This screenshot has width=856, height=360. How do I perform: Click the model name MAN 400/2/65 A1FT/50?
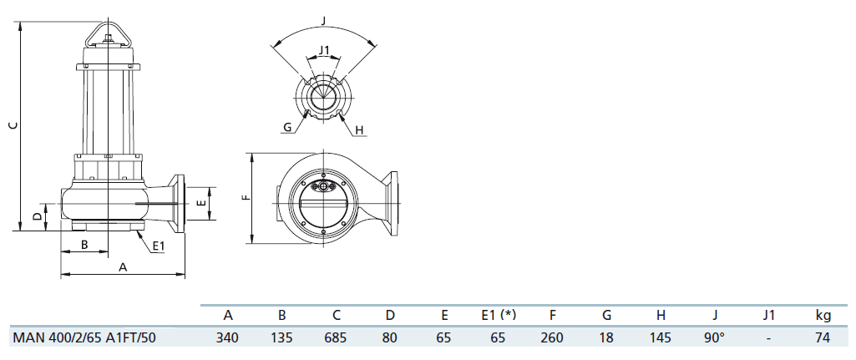pyautogui.click(x=84, y=337)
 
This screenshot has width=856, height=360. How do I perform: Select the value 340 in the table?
pyautogui.click(x=227, y=337)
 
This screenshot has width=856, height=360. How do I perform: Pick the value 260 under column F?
pyautogui.click(x=552, y=337)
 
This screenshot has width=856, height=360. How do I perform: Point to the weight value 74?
pyautogui.click(x=822, y=337)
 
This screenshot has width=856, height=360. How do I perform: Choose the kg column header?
pyautogui.click(x=823, y=315)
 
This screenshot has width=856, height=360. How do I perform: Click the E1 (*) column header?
pyautogui.click(x=498, y=315)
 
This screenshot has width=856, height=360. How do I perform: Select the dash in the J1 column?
pyautogui.click(x=768, y=338)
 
